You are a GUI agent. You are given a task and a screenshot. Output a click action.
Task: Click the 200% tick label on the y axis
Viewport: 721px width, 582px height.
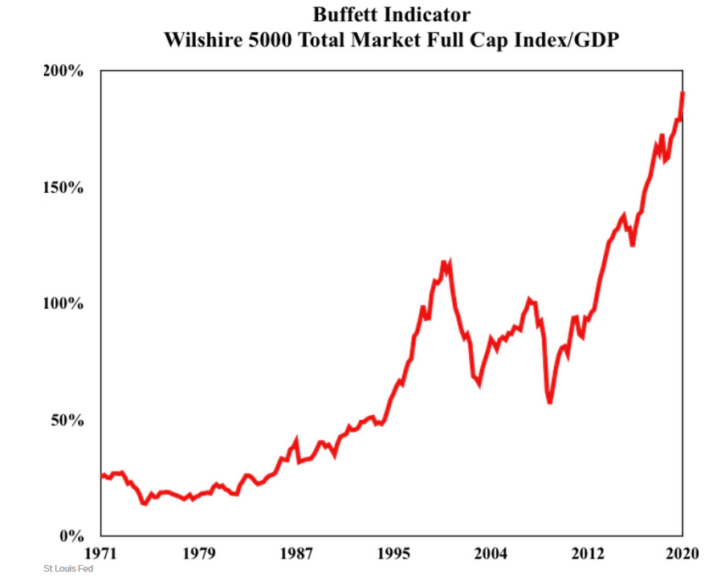pos(63,71)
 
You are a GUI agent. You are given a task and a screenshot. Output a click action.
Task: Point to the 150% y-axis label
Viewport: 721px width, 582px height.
pos(63,187)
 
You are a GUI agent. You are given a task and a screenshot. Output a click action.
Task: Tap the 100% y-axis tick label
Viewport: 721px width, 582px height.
pos(63,303)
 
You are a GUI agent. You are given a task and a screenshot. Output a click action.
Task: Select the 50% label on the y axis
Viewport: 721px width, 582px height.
pos(66,420)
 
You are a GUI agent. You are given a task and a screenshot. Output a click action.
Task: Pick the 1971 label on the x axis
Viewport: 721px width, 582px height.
pos(101,553)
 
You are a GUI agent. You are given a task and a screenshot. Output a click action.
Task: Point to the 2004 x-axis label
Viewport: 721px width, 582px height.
pos(490,553)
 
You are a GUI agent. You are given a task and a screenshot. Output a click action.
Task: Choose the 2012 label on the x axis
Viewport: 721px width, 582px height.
pos(587,553)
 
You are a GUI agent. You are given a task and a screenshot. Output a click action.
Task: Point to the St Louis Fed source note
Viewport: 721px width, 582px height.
pos(68,569)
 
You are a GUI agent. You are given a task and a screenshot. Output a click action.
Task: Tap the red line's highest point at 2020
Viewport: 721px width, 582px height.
pos(682,93)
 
